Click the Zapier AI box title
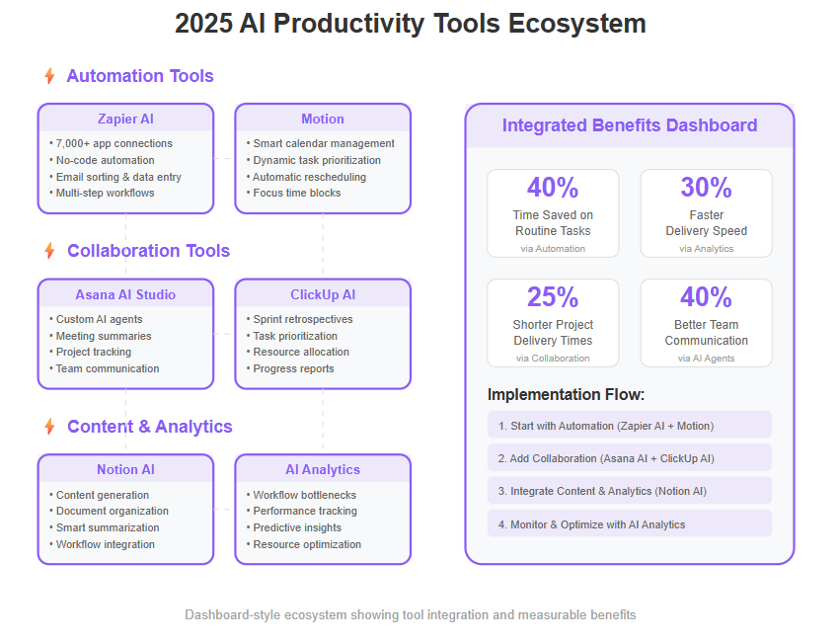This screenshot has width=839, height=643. point(125,119)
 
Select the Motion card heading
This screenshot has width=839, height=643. point(323,119)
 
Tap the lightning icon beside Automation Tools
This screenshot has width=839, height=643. point(49,75)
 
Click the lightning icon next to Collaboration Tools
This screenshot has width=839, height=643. point(49,250)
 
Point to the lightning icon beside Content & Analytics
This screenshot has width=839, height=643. point(49,426)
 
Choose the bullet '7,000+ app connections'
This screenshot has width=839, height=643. point(111,143)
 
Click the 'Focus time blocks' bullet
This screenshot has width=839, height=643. point(293,193)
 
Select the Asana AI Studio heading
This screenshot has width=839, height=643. point(125,294)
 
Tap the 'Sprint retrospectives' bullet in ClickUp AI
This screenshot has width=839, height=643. point(300,319)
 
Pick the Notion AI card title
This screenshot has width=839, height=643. point(125,469)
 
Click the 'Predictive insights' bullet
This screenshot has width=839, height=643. point(294,527)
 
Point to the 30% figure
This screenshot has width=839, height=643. point(707,188)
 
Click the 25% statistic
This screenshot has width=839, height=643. point(553,297)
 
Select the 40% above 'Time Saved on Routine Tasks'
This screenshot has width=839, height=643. point(553,188)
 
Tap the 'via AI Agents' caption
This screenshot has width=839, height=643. point(707,359)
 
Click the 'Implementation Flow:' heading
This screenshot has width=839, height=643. point(566,394)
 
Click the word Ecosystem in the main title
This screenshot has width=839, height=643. point(576,24)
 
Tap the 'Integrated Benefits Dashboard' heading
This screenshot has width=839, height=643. point(630,125)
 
